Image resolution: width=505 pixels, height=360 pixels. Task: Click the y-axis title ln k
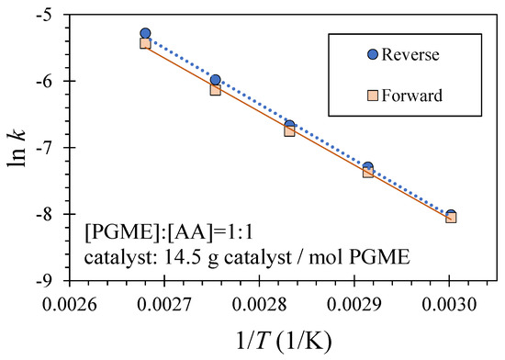coord(19,147)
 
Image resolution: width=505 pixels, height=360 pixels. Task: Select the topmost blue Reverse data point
coord(145,33)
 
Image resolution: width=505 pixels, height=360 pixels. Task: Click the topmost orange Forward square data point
coord(145,43)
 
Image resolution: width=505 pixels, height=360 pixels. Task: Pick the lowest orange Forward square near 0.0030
coord(451,218)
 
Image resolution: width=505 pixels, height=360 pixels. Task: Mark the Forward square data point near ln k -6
coord(215,90)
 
